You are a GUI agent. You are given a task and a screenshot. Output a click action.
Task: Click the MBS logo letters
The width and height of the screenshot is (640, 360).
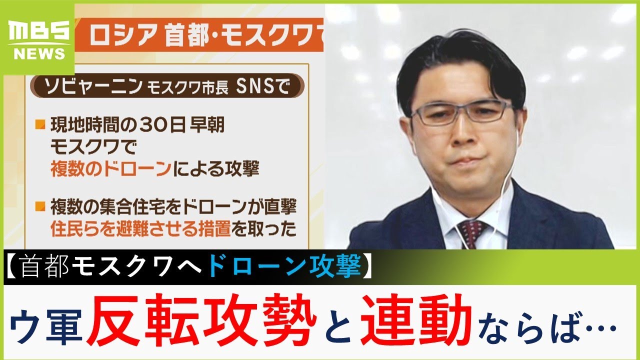pos(39,31)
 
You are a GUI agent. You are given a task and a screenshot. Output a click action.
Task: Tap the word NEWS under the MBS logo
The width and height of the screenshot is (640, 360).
pos(39,53)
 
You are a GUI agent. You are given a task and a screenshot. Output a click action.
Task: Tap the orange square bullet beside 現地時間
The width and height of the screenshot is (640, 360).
pos(40,124)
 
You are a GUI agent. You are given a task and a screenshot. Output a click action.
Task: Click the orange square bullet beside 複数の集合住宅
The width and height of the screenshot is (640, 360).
pos(40,206)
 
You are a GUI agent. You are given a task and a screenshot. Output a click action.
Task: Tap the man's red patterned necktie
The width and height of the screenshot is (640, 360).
pos(471,233)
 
